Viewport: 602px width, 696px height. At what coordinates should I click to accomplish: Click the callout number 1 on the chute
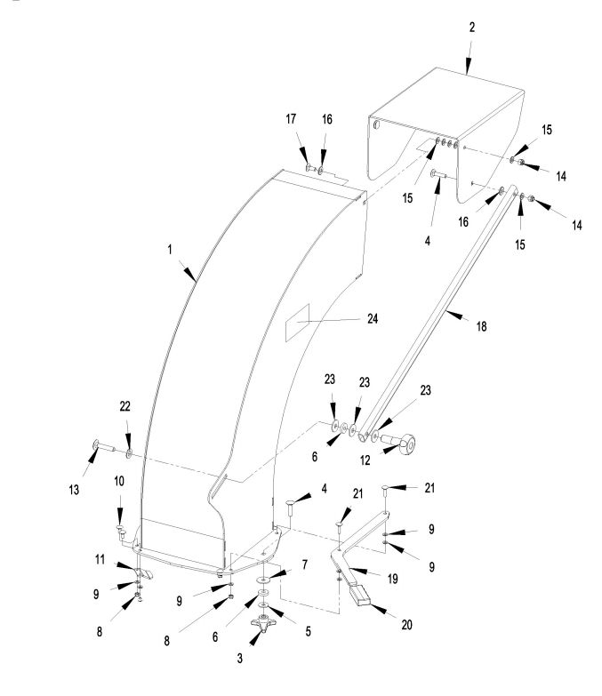170,250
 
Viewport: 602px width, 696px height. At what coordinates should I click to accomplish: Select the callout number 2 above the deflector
472,28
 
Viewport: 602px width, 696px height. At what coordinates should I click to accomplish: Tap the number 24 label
373,319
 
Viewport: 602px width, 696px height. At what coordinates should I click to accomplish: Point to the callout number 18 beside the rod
482,327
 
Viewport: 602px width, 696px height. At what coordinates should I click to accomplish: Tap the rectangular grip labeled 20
361,595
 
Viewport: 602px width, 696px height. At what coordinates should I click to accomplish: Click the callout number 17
291,119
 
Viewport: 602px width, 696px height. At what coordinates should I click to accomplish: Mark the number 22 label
124,406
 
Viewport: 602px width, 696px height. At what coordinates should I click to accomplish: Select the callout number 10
119,481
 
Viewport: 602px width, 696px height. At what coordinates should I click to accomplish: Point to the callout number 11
100,559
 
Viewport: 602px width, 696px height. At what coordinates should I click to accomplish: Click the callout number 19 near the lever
392,579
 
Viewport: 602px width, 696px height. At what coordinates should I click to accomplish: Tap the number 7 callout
304,565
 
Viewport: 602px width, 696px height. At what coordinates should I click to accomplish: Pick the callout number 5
308,632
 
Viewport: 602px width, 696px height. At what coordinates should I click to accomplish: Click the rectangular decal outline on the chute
297,323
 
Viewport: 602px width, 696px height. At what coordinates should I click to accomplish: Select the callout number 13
74,490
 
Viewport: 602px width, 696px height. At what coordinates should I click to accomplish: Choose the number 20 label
406,625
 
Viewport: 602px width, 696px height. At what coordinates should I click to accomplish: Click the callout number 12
365,460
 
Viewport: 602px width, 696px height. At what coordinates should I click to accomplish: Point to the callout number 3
240,659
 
